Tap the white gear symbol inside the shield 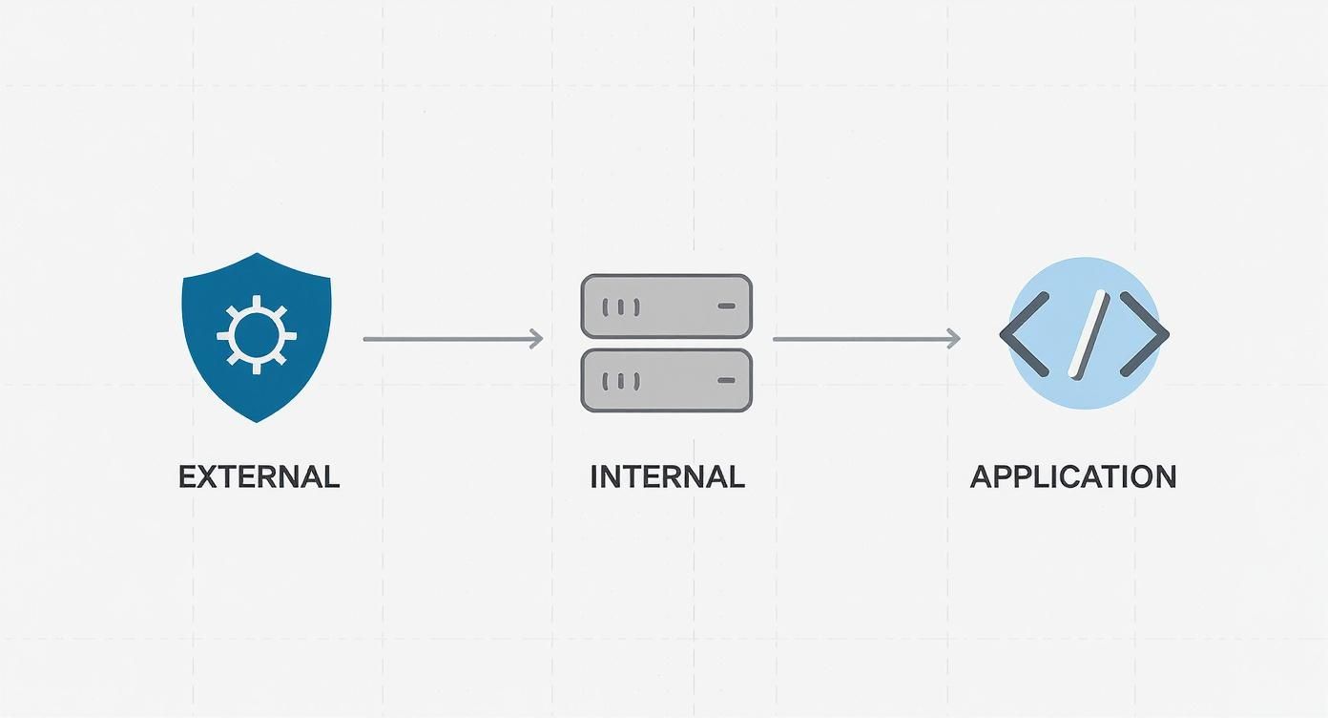[x=256, y=335]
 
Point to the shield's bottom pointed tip [x=256, y=420]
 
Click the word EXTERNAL [x=259, y=476]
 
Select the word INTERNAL [x=667, y=476]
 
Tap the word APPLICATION [x=1072, y=476]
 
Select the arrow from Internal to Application [x=864, y=338]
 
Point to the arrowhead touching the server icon [x=537, y=338]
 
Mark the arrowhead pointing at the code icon [x=953, y=338]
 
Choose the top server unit [x=666, y=306]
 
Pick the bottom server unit [x=666, y=380]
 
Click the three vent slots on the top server [x=621, y=306]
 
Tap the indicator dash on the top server [x=726, y=306]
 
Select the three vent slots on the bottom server [x=621, y=381]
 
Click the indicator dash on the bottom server [x=726, y=381]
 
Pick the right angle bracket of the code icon [x=1144, y=333]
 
